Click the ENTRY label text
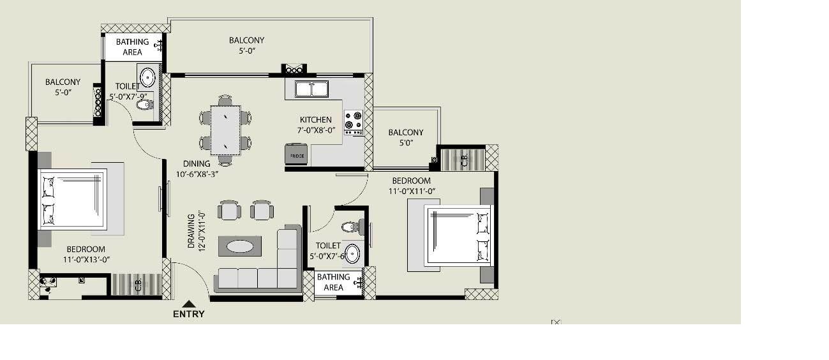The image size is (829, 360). [189, 314]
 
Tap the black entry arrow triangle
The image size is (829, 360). [189, 304]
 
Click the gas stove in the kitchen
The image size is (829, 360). [354, 123]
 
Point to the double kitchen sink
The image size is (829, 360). [311, 89]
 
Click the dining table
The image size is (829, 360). [225, 130]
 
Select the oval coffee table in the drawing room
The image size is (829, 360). [240, 246]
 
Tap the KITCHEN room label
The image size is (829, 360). [316, 120]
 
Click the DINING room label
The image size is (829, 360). [197, 163]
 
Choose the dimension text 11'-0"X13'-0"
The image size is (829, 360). [86, 260]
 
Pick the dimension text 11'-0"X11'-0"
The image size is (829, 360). [412, 191]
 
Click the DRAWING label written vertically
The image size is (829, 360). [191, 231]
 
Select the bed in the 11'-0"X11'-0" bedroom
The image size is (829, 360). [458, 234]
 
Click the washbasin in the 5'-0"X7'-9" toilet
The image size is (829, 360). [147, 77]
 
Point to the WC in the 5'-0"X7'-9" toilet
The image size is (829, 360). [144, 105]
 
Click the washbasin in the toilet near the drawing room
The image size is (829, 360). [352, 253]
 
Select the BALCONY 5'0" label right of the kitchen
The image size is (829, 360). [406, 138]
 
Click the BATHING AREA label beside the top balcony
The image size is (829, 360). [132, 47]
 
